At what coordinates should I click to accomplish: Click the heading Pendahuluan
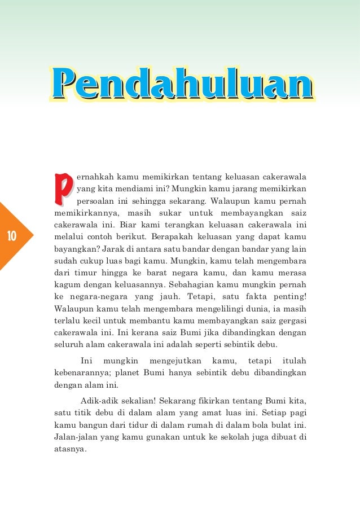[x=182, y=85]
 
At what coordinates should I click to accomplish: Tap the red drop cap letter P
[x=63, y=190]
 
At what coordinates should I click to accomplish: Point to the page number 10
[x=14, y=236]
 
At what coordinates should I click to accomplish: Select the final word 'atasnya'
[x=69, y=450]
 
